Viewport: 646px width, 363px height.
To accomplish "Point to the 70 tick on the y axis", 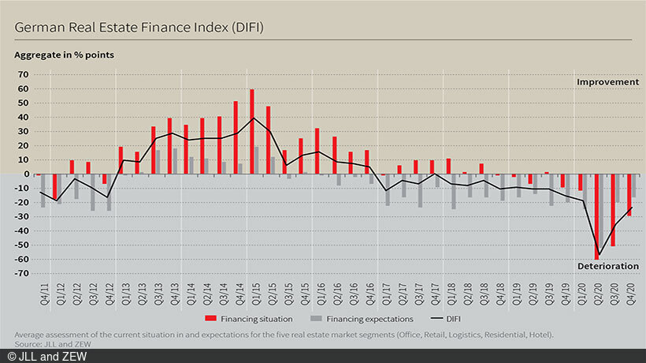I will tap(24, 74).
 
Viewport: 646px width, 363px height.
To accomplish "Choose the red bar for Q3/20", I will tap(613, 210).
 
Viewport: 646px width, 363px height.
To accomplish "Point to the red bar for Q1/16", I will tap(317, 151).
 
